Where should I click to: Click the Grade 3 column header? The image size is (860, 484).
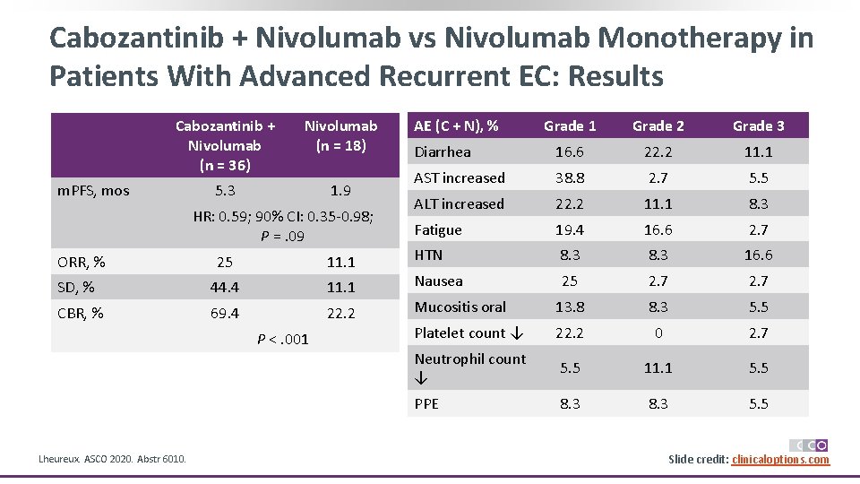pos(758,125)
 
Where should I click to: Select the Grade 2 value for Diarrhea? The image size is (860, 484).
pos(658,152)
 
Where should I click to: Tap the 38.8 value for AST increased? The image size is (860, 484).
pos(569,178)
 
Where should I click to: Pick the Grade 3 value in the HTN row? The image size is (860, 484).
pos(758,255)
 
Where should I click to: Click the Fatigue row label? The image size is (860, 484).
pos(438,230)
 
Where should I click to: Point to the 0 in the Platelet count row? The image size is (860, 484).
pos(658,333)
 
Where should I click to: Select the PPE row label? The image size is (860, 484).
pos(426,404)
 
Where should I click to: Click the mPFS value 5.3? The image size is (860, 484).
pos(226,190)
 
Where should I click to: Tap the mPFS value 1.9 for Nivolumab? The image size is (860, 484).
pos(340,190)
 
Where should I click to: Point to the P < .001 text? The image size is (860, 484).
pos(282,339)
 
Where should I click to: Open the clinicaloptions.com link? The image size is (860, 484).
pos(780,460)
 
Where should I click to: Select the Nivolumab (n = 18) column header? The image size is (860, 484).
pos(340,135)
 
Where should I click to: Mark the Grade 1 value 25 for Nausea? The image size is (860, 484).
pos(569,281)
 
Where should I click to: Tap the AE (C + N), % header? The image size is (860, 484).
pos(456,125)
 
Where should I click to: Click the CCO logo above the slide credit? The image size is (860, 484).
pos(808,445)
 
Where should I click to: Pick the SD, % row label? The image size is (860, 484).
pos(76,288)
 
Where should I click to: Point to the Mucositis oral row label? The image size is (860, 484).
pos(460,307)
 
